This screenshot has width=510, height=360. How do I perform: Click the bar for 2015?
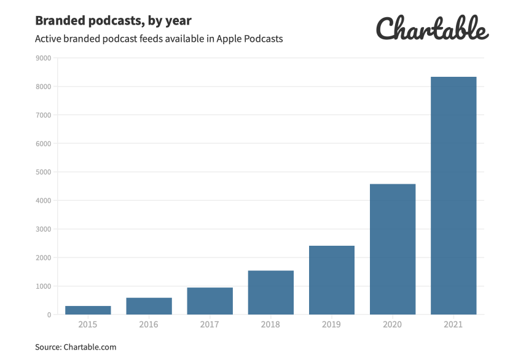click(x=88, y=310)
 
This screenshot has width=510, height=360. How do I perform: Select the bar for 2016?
click(x=149, y=306)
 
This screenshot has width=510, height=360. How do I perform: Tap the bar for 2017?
click(x=210, y=301)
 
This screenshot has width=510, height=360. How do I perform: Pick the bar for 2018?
click(x=271, y=292)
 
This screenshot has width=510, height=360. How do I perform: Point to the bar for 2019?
click(x=332, y=280)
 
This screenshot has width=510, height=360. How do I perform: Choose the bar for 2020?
click(x=393, y=249)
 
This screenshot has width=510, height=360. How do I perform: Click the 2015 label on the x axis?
click(x=88, y=324)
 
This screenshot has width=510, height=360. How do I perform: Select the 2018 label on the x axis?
click(x=271, y=324)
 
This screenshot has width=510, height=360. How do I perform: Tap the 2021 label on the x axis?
click(x=453, y=324)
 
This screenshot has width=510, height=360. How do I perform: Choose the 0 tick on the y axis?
click(x=48, y=315)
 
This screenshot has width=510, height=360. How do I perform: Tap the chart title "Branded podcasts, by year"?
click(x=113, y=20)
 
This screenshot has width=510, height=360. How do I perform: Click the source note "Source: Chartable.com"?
click(x=76, y=347)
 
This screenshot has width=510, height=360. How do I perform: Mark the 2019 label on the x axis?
click(x=332, y=324)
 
